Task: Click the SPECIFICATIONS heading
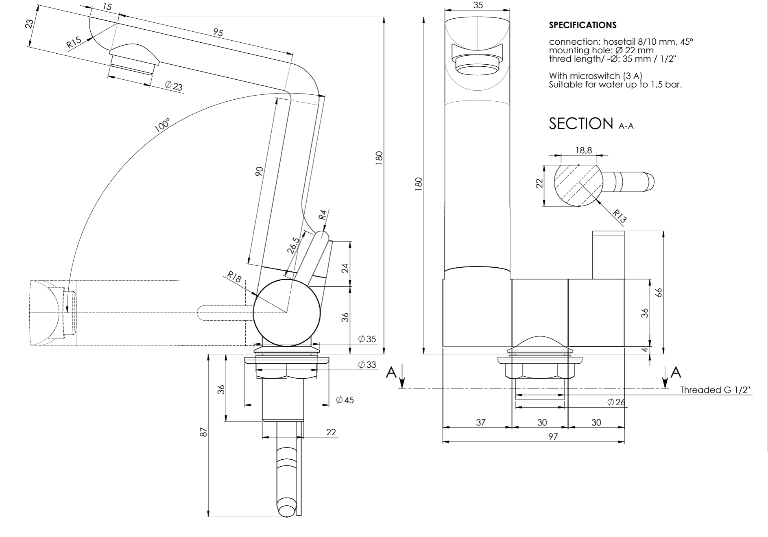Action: click(583, 25)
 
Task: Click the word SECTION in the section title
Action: click(581, 123)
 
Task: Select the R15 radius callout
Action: click(74, 43)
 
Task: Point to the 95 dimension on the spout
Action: click(218, 32)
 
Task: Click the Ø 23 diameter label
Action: click(174, 86)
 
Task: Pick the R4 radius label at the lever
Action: click(323, 214)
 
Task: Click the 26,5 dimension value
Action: click(293, 245)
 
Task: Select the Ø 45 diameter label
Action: click(345, 400)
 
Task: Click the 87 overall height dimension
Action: click(204, 432)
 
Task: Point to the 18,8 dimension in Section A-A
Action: click(583, 150)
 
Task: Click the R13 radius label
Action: click(619, 216)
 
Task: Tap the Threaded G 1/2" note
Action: click(716, 390)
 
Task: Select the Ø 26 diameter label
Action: click(616, 402)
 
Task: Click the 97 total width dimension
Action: click(553, 437)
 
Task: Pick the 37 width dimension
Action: click(481, 422)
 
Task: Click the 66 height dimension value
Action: click(659, 292)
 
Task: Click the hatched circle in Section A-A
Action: click(577, 185)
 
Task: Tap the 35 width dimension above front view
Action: click(478, 5)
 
